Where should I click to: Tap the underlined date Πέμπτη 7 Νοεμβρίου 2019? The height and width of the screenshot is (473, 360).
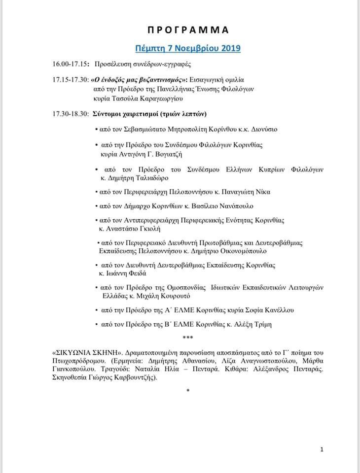[188, 48]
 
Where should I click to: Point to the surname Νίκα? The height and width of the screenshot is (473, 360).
[260, 192]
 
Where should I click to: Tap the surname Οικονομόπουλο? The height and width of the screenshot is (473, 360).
[233, 250]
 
